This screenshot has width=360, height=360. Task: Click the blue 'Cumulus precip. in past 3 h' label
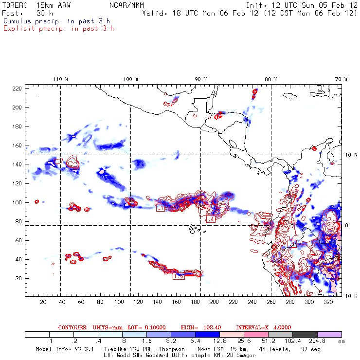(x=56, y=21)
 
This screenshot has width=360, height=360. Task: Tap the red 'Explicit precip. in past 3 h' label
(x=58, y=28)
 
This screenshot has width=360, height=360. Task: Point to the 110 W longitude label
(x=60, y=79)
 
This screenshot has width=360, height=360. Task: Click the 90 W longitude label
(x=201, y=79)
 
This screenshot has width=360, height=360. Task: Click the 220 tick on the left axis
(x=17, y=88)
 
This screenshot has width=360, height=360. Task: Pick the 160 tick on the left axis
(x=17, y=145)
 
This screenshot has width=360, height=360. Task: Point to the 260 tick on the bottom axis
(x=271, y=302)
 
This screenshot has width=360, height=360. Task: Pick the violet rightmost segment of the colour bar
(x=329, y=335)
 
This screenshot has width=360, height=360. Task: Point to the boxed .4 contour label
(x=211, y=219)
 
